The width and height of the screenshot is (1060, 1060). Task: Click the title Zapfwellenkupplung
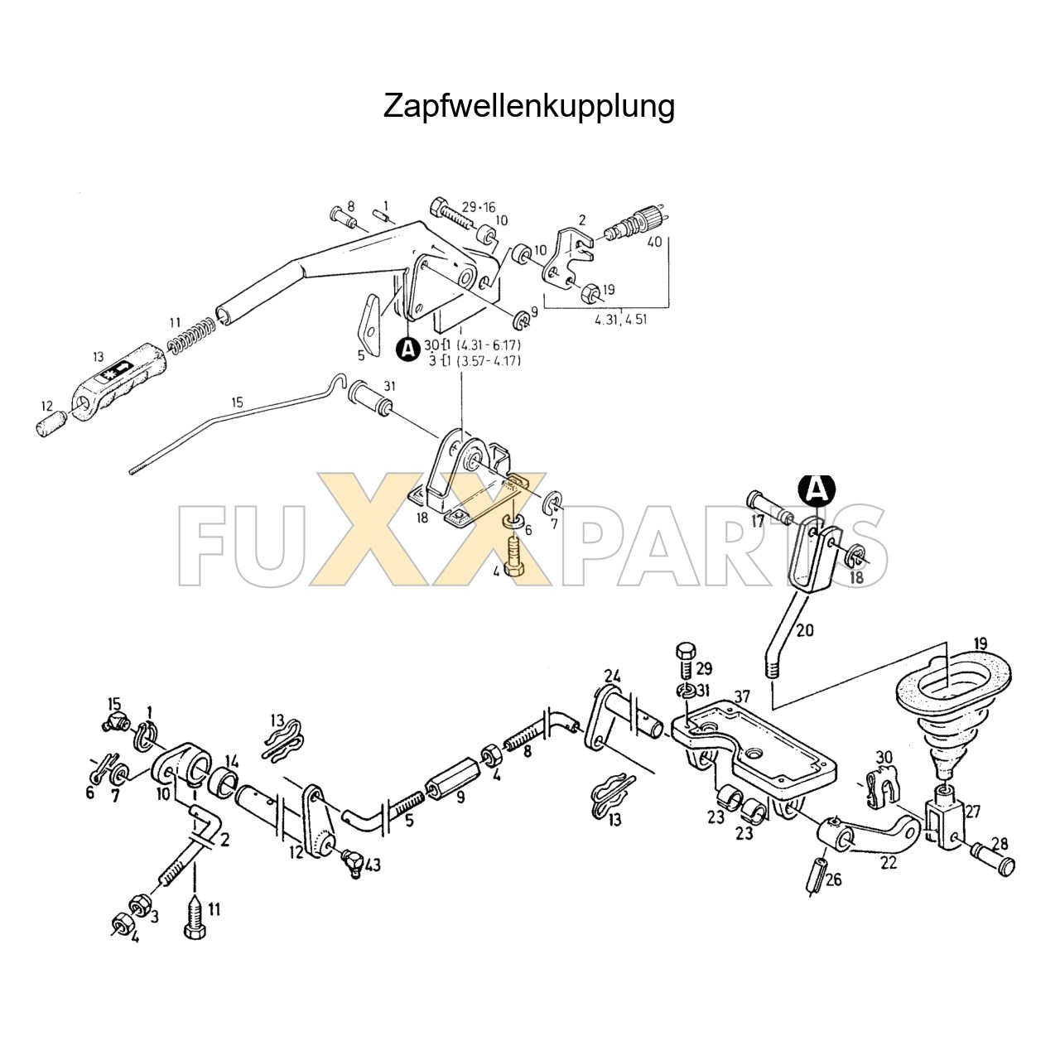point(528,106)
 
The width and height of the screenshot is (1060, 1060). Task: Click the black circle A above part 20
point(817,490)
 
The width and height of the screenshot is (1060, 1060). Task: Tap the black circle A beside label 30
point(407,349)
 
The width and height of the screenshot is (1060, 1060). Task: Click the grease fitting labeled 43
point(351,863)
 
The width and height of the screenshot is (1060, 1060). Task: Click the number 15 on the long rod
point(238,403)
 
